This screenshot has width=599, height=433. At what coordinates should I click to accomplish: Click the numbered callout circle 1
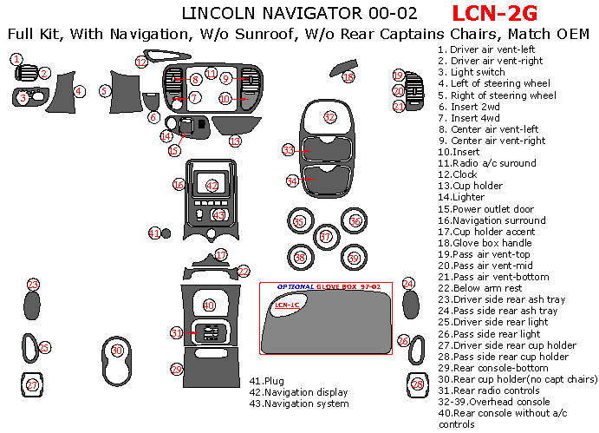16,59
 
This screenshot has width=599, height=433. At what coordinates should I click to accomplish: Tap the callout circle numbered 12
141,62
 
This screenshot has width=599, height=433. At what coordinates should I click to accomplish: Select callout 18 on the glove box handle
348,77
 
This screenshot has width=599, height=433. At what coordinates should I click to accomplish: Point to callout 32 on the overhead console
329,116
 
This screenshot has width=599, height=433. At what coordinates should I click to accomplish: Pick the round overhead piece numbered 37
326,237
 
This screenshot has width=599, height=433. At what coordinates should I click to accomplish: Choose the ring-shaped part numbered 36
355,221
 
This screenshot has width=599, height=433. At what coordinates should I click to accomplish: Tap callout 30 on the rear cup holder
118,350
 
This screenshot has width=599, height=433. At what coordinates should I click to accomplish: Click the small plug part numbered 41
154,233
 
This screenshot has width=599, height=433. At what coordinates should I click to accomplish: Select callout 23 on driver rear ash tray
33,285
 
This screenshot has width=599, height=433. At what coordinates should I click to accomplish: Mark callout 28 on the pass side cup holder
418,384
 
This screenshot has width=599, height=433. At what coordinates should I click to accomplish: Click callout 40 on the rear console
209,305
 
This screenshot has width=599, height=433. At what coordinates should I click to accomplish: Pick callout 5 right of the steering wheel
105,89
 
